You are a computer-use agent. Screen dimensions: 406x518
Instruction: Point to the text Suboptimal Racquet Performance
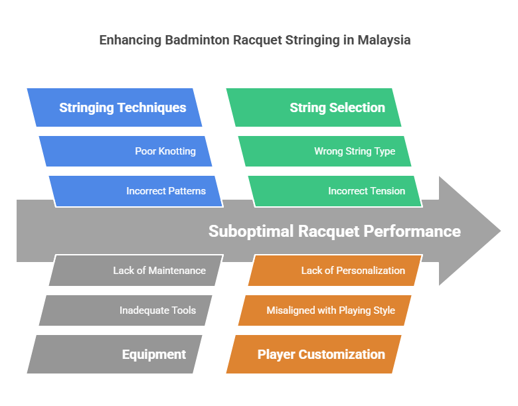(334, 231)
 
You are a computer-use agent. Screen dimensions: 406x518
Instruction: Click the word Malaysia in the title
(384, 40)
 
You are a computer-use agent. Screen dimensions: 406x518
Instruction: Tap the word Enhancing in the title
(128, 40)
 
